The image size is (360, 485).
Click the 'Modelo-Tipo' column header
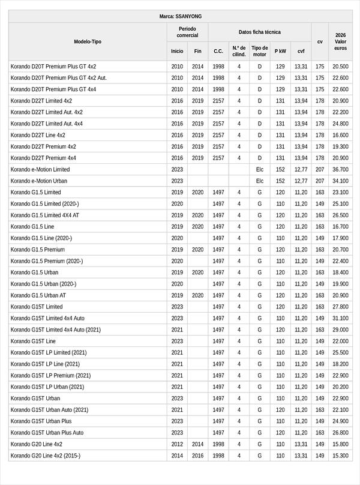(88, 41)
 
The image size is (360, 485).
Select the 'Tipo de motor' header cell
(260, 51)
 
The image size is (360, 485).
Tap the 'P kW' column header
(280, 52)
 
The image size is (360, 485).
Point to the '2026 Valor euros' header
(340, 41)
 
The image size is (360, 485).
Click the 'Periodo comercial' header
(188, 32)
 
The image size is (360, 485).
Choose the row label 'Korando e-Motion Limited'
(40, 169)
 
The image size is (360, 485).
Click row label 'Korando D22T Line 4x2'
(38, 135)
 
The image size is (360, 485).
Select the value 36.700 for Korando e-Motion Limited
(340, 169)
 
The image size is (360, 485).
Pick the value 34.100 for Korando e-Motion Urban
(340, 181)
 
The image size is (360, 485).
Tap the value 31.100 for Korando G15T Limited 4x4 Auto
(340, 318)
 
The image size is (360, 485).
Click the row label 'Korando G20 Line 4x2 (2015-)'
(45, 456)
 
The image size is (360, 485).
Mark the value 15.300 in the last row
(340, 456)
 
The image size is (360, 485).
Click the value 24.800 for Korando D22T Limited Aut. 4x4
(340, 124)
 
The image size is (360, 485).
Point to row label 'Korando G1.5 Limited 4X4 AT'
(44, 215)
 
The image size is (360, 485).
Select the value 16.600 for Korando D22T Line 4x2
(340, 135)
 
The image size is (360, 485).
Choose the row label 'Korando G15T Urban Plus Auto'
(47, 433)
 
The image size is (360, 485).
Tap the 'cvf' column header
(301, 52)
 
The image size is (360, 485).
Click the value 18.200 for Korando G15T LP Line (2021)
(340, 364)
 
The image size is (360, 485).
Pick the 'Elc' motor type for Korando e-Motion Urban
(260, 181)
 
